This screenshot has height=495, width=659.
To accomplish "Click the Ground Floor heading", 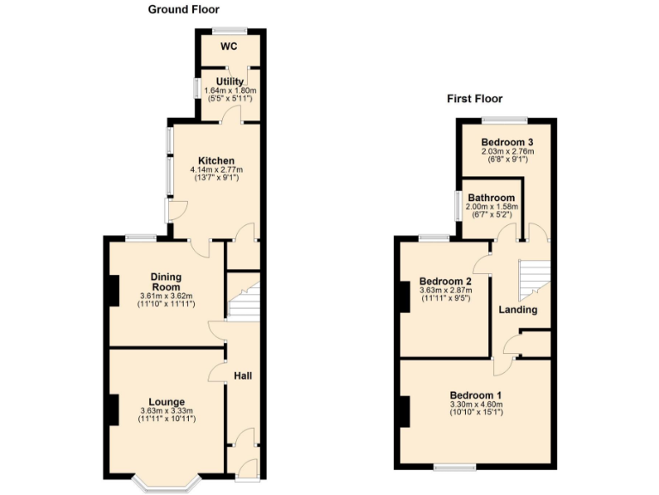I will coord(184,9).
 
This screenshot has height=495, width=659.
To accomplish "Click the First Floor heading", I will coord(475,99).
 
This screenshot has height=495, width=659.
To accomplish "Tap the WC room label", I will coord(228,46).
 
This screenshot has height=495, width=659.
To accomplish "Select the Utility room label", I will coord(230,82).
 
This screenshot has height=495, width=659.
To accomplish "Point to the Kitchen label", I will coord(216,161).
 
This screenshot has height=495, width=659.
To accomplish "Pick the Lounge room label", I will coord(167,401).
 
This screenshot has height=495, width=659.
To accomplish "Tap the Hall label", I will coord(244,376).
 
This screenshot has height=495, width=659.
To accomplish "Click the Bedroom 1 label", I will coord(475,395).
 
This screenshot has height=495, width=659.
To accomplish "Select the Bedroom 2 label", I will coord(445,281).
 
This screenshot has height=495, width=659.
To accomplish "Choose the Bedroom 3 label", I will coord(507,142).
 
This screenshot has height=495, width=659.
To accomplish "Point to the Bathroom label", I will coord(491,198).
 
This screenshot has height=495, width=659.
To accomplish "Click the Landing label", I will coord(518,309).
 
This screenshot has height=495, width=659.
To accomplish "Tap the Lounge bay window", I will coord(166,484).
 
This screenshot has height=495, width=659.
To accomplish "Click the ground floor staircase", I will coord(244,301).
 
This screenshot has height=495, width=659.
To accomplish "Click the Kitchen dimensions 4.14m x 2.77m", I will coord(216,170).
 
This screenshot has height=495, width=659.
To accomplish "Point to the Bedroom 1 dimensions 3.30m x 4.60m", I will coord(475,405).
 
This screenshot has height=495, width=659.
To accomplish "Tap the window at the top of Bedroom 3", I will coord(503,119).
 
